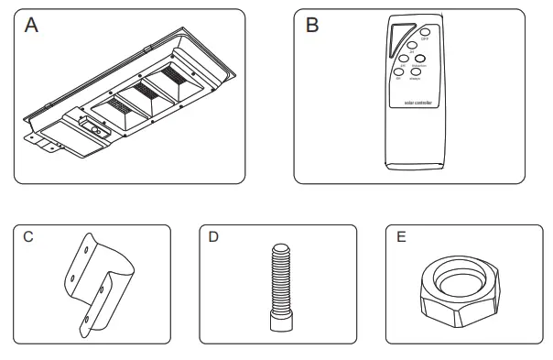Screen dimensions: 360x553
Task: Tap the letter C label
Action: (28, 237)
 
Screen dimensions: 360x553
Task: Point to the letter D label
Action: (213, 237)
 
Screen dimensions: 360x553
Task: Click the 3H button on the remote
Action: (411, 45)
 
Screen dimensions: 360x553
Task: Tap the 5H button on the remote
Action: (403, 59)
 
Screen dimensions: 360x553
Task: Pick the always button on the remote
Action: (415, 71)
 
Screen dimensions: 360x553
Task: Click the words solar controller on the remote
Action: (417, 103)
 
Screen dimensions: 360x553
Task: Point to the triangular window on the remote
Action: (396, 37)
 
